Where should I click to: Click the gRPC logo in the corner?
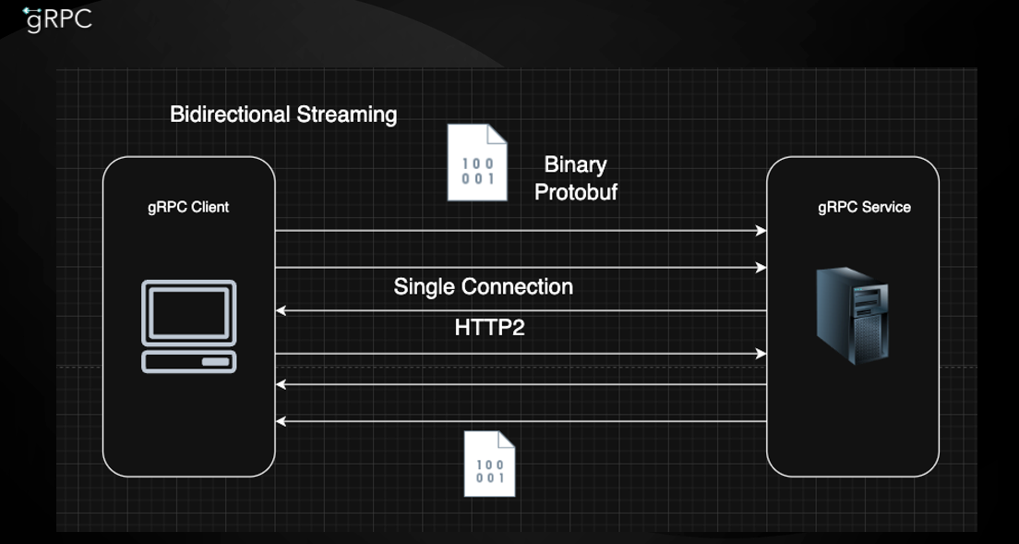point(58,19)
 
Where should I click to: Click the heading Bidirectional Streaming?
point(283,115)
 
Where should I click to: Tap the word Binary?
point(575,165)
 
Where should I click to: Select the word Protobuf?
point(575,191)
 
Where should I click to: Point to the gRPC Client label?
point(188,207)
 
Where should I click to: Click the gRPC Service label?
point(864,207)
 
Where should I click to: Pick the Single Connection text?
point(483,286)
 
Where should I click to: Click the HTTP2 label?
point(489,328)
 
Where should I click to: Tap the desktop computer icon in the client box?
point(188,327)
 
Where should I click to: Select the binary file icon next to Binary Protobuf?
point(478,163)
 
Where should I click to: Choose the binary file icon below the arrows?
point(489,464)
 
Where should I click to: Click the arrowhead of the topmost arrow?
point(761,230)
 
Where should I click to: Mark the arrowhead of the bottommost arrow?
point(282,421)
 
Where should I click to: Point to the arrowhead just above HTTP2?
point(282,311)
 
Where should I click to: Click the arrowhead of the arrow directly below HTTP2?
point(761,354)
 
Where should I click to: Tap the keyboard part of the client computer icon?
point(188,360)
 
